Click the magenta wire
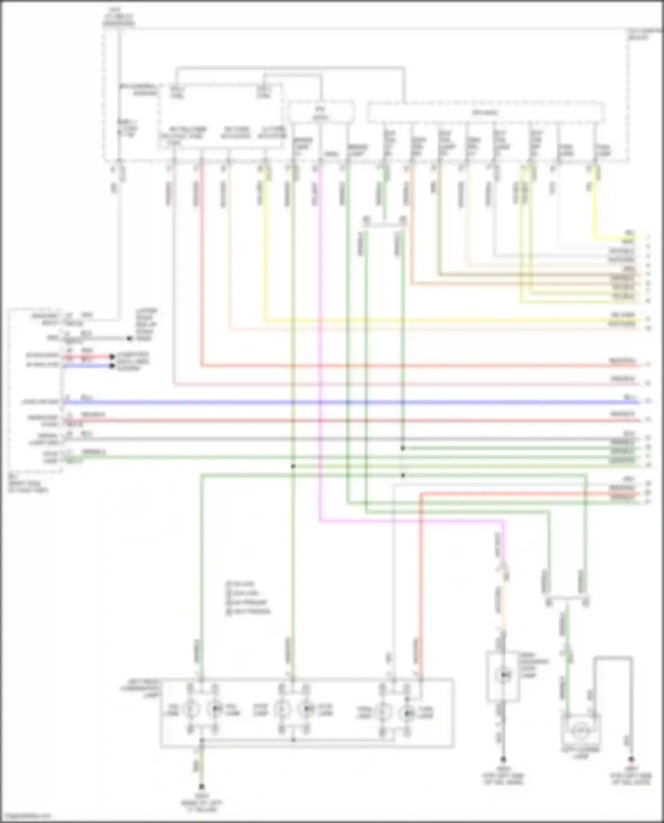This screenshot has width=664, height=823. (x=320, y=354)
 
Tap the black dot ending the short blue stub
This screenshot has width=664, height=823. (x=113, y=366)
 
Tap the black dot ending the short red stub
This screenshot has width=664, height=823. (x=113, y=356)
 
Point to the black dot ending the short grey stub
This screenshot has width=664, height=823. (x=129, y=339)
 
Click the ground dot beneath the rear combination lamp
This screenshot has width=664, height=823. (x=201, y=787)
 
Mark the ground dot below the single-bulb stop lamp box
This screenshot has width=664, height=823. (x=503, y=759)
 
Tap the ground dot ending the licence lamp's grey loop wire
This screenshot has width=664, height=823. (x=631, y=759)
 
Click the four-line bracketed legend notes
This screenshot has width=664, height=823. (x=248, y=598)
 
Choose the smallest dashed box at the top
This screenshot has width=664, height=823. (x=321, y=111)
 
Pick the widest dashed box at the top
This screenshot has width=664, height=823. (x=486, y=112)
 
